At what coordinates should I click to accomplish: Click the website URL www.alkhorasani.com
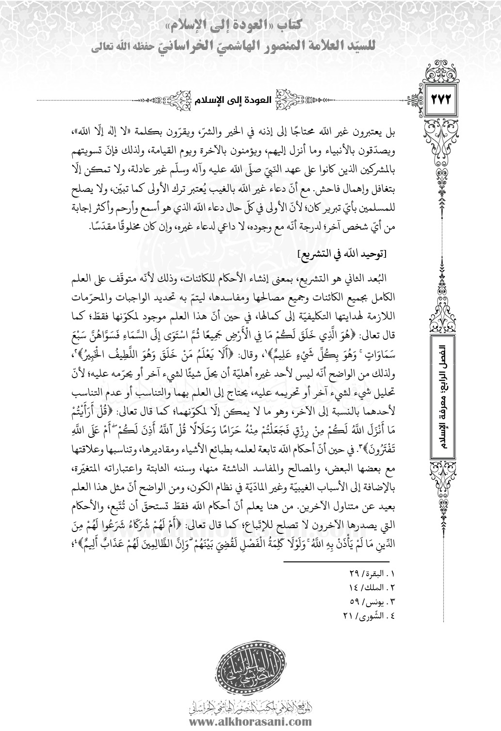250,720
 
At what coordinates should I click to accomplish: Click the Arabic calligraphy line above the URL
250,706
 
